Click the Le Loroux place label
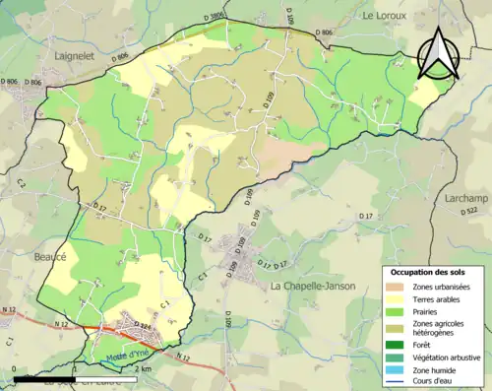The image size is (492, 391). coord(386,16)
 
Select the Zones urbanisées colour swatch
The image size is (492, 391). coord(401,287)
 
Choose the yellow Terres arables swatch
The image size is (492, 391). coord(401,299)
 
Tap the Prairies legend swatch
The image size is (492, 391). coord(401,312)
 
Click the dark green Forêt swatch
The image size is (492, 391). coord(401,345)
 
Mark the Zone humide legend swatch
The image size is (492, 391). coord(401,370)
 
